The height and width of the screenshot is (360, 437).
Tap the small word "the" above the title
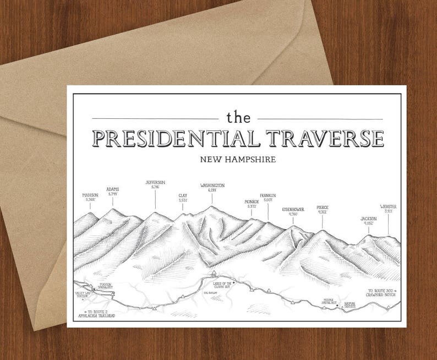pos(238,117)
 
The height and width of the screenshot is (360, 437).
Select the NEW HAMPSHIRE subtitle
pos(238,160)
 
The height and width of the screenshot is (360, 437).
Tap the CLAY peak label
pos(183,197)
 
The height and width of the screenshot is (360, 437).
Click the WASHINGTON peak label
pos(212,187)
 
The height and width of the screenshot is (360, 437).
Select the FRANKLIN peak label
pos(268,198)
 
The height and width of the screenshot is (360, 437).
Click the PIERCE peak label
pos(323,209)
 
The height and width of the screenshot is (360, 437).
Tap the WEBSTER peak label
pos(388,209)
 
